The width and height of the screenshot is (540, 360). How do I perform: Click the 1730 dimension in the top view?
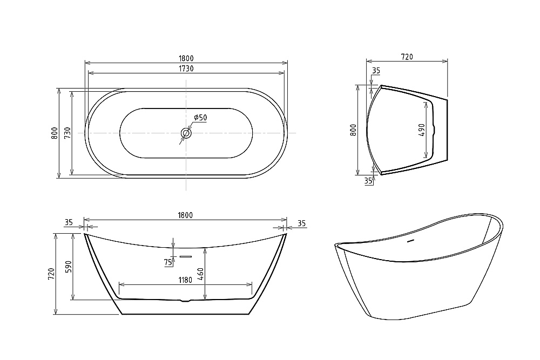pos(185,69)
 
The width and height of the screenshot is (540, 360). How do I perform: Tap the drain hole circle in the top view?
pos(186,133)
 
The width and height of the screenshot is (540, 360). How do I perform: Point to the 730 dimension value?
pos(67,133)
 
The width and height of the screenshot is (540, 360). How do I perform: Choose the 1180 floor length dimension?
pos(185,280)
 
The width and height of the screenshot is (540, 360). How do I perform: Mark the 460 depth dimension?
pos(200,274)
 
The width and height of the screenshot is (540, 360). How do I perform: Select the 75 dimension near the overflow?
pos(168,262)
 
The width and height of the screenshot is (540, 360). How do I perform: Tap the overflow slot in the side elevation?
pos(186,256)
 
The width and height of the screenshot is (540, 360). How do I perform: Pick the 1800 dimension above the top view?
pos(185,58)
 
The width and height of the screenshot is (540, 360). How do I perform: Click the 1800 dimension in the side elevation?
pos(185,215)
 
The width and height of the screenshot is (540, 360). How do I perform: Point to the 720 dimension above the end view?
pos(407,57)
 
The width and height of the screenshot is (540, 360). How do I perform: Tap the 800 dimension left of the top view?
pos(54,133)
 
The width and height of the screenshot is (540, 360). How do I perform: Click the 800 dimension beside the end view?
pos(353,130)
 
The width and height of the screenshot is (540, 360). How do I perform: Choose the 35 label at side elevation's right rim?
pos(301,223)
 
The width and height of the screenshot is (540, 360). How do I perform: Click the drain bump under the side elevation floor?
pos(185,301)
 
